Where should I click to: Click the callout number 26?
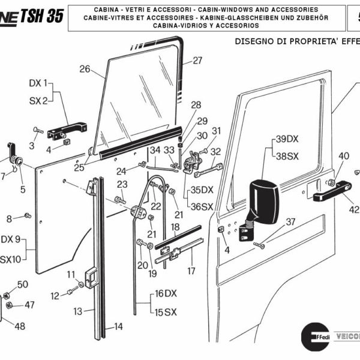[85, 69]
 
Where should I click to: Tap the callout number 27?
[197, 61]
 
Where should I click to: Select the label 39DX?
[287, 139]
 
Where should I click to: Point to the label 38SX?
[287, 155]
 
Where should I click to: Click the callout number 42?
[354, 209]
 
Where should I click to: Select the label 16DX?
[166, 294]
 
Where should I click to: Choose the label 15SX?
[166, 312]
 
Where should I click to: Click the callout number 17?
[191, 271]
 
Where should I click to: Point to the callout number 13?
[78, 311]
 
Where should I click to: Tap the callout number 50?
[22, 284]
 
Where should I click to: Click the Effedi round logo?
[313, 337]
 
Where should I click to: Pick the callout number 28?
[196, 105]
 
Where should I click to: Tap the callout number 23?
[122, 184]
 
